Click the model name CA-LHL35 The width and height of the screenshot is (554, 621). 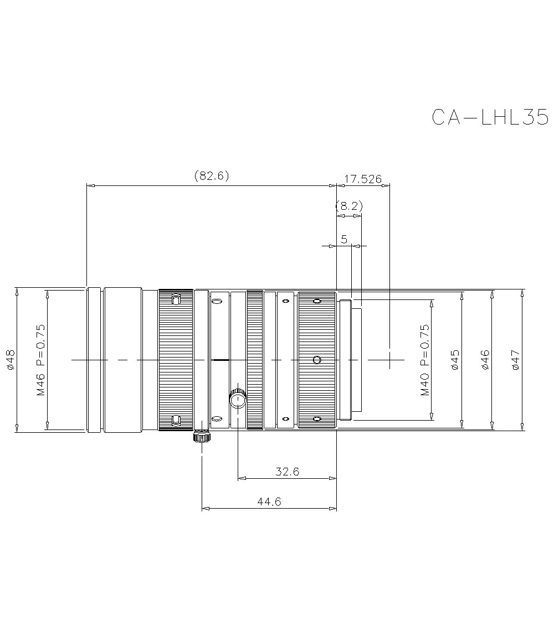click(490, 117)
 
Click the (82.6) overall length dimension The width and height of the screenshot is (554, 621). click(212, 176)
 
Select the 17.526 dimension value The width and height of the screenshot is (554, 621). click(363, 179)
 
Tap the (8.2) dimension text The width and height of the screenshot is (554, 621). click(349, 206)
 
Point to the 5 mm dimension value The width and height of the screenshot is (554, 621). click(344, 239)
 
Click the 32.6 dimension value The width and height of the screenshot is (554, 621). click(287, 472)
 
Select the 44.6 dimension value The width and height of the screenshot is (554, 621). click(269, 501)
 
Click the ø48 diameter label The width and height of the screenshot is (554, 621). click(9, 359)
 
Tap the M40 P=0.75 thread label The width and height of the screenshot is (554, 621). click(424, 360)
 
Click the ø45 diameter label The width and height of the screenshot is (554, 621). click(455, 360)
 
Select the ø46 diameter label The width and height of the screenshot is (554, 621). click(485, 360)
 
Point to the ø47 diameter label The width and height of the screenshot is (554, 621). click(515, 360)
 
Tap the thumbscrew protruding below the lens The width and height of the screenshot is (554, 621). click(202, 437)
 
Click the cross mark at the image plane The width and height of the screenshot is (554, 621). click(390, 359)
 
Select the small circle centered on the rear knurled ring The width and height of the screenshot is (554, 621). click(316, 360)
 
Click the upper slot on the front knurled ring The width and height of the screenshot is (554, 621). click(176, 300)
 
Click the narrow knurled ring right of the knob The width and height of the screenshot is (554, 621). click(254, 359)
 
